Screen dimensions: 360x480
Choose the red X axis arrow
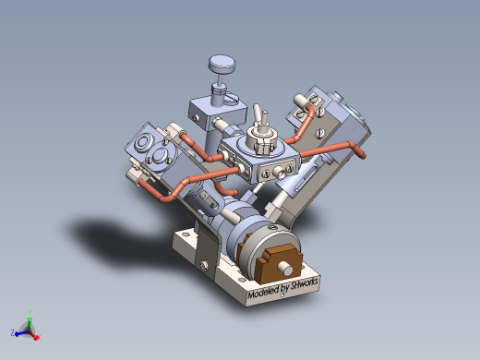38,337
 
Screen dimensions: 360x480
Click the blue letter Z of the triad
12,331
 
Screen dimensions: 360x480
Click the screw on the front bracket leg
202,268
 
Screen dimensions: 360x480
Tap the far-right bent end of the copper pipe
355,147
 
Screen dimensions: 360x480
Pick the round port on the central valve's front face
279,173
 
